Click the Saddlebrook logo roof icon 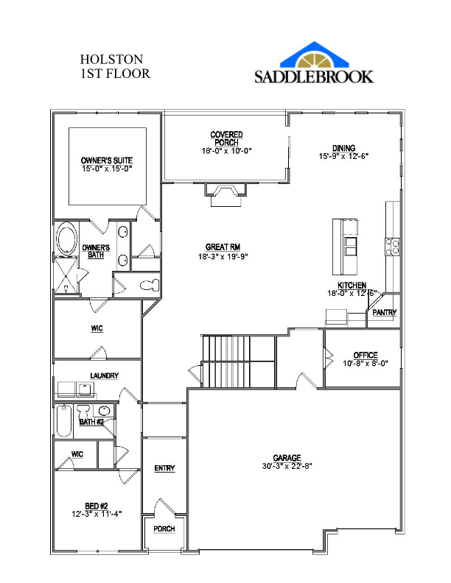(x=315, y=55)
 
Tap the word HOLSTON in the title (x=111, y=60)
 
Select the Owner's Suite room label (x=107, y=160)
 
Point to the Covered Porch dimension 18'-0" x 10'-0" (x=227, y=151)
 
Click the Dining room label (x=344, y=148)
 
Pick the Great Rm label (x=223, y=247)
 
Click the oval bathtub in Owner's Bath (x=67, y=239)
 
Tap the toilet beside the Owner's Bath (x=150, y=285)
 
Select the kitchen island (x=345, y=247)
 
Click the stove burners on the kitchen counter (x=392, y=247)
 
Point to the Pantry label (x=385, y=312)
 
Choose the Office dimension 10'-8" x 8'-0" (x=366, y=363)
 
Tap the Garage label (x=287, y=458)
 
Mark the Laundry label (x=104, y=376)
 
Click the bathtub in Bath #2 (x=64, y=421)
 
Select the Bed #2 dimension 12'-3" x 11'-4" (x=97, y=515)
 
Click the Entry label (x=164, y=468)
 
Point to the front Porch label (x=164, y=529)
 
